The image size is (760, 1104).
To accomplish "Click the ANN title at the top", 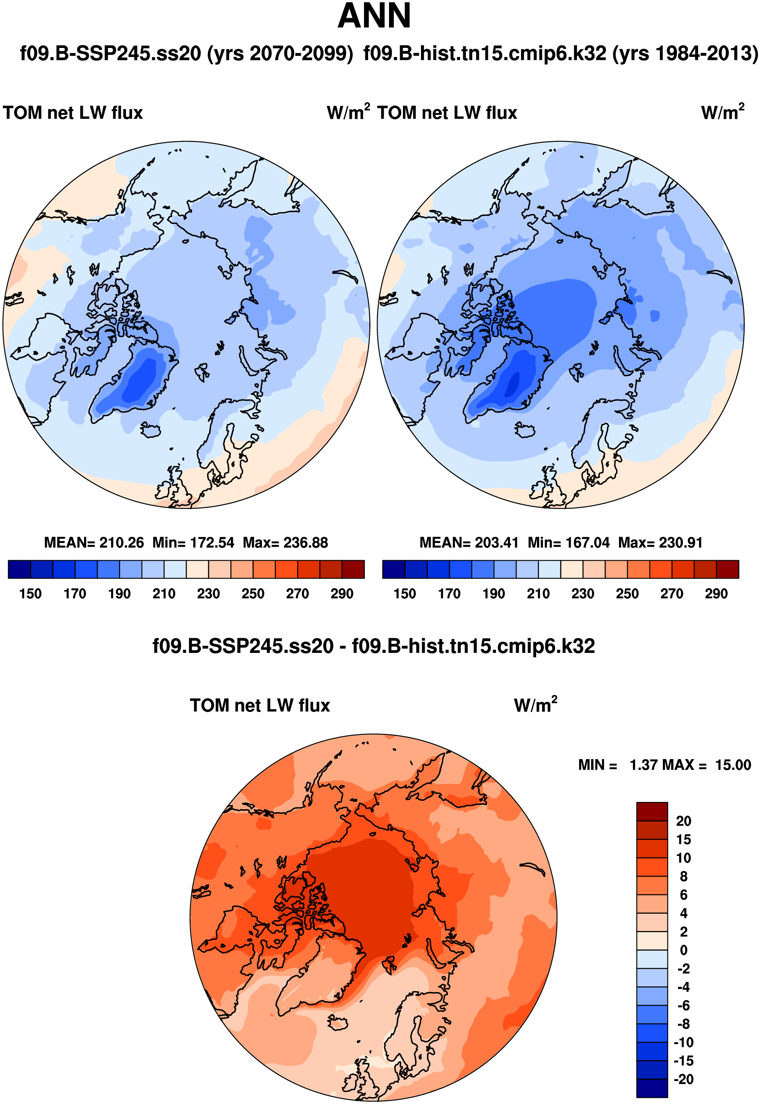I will pos(374,16).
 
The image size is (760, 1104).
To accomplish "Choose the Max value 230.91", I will pos(680,543).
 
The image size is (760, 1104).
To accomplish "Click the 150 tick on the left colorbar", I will pos(30,594).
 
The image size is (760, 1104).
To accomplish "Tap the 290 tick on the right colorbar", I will pos(716,594).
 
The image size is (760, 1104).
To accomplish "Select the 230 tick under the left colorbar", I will pos(209,594).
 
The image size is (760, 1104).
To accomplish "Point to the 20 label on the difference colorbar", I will pos(683,821).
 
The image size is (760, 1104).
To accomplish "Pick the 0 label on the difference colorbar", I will pos(683,950).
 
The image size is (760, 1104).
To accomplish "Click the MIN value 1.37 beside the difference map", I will pos(642,765).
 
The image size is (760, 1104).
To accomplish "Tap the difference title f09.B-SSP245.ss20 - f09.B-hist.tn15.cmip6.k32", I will pos(374,646).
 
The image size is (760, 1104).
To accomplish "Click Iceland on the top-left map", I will pos(150,431).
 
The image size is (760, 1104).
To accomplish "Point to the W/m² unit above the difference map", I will pos(535,705).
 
